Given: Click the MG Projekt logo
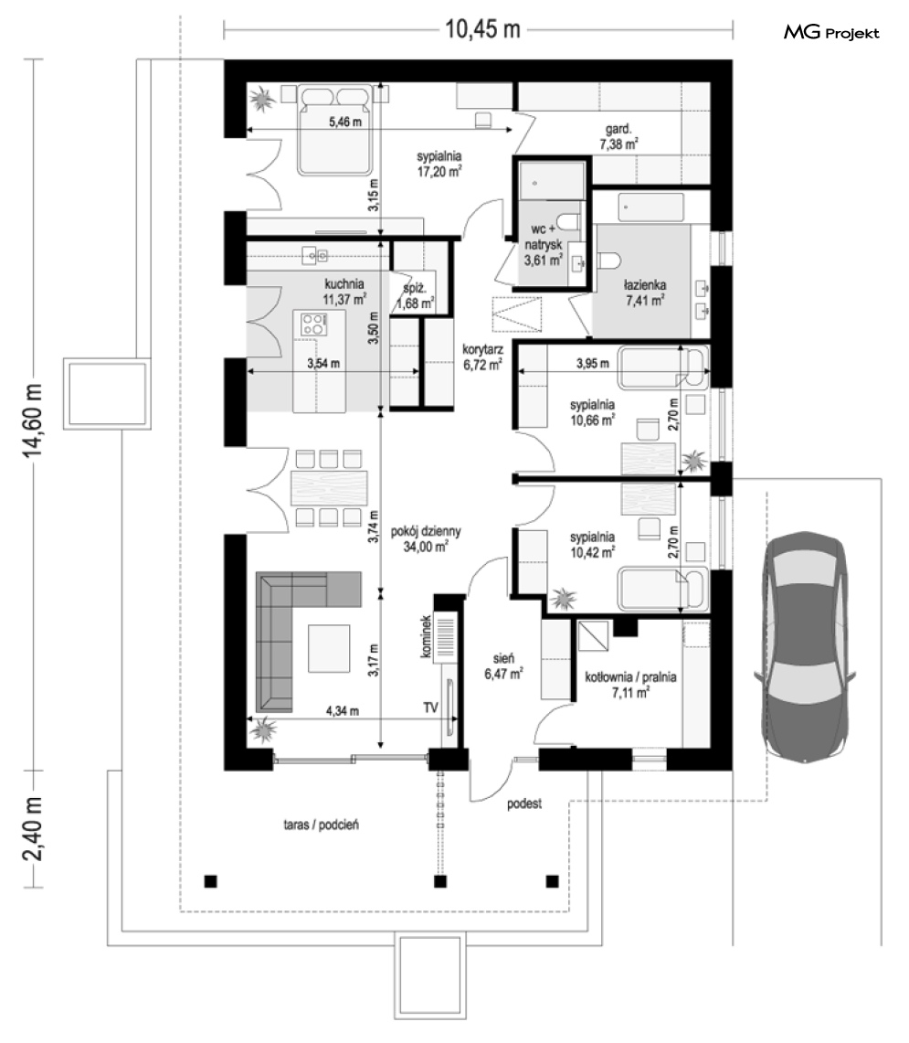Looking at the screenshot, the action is pyautogui.click(x=831, y=32).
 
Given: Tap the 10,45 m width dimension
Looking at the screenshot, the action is pyautogui.click(x=482, y=29).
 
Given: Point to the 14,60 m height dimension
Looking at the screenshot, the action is pyautogui.click(x=33, y=420).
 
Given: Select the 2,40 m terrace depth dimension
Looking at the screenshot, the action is pyautogui.click(x=33, y=828).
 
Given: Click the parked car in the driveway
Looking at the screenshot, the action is pyautogui.click(x=805, y=648).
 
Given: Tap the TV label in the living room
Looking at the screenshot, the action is pyautogui.click(x=431, y=708).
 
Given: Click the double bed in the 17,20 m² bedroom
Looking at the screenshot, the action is pyautogui.click(x=334, y=129).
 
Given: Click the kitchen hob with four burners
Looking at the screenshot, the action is pyautogui.click(x=314, y=325).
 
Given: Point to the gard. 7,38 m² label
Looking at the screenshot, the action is pyautogui.click(x=618, y=136).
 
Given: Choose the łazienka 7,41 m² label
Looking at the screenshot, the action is pyautogui.click(x=644, y=293).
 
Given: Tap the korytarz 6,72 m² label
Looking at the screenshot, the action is pyautogui.click(x=482, y=357).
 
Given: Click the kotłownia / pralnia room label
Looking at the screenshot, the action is pyautogui.click(x=630, y=685).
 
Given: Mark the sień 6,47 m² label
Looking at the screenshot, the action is pyautogui.click(x=503, y=665).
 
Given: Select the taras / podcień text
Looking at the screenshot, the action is pyautogui.click(x=322, y=825).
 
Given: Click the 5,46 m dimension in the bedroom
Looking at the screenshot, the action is pyautogui.click(x=345, y=122).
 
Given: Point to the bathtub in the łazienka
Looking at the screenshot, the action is pyautogui.click(x=650, y=208).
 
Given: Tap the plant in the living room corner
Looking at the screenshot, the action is pyautogui.click(x=265, y=729).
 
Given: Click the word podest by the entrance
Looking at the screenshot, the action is pyautogui.click(x=524, y=804).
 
